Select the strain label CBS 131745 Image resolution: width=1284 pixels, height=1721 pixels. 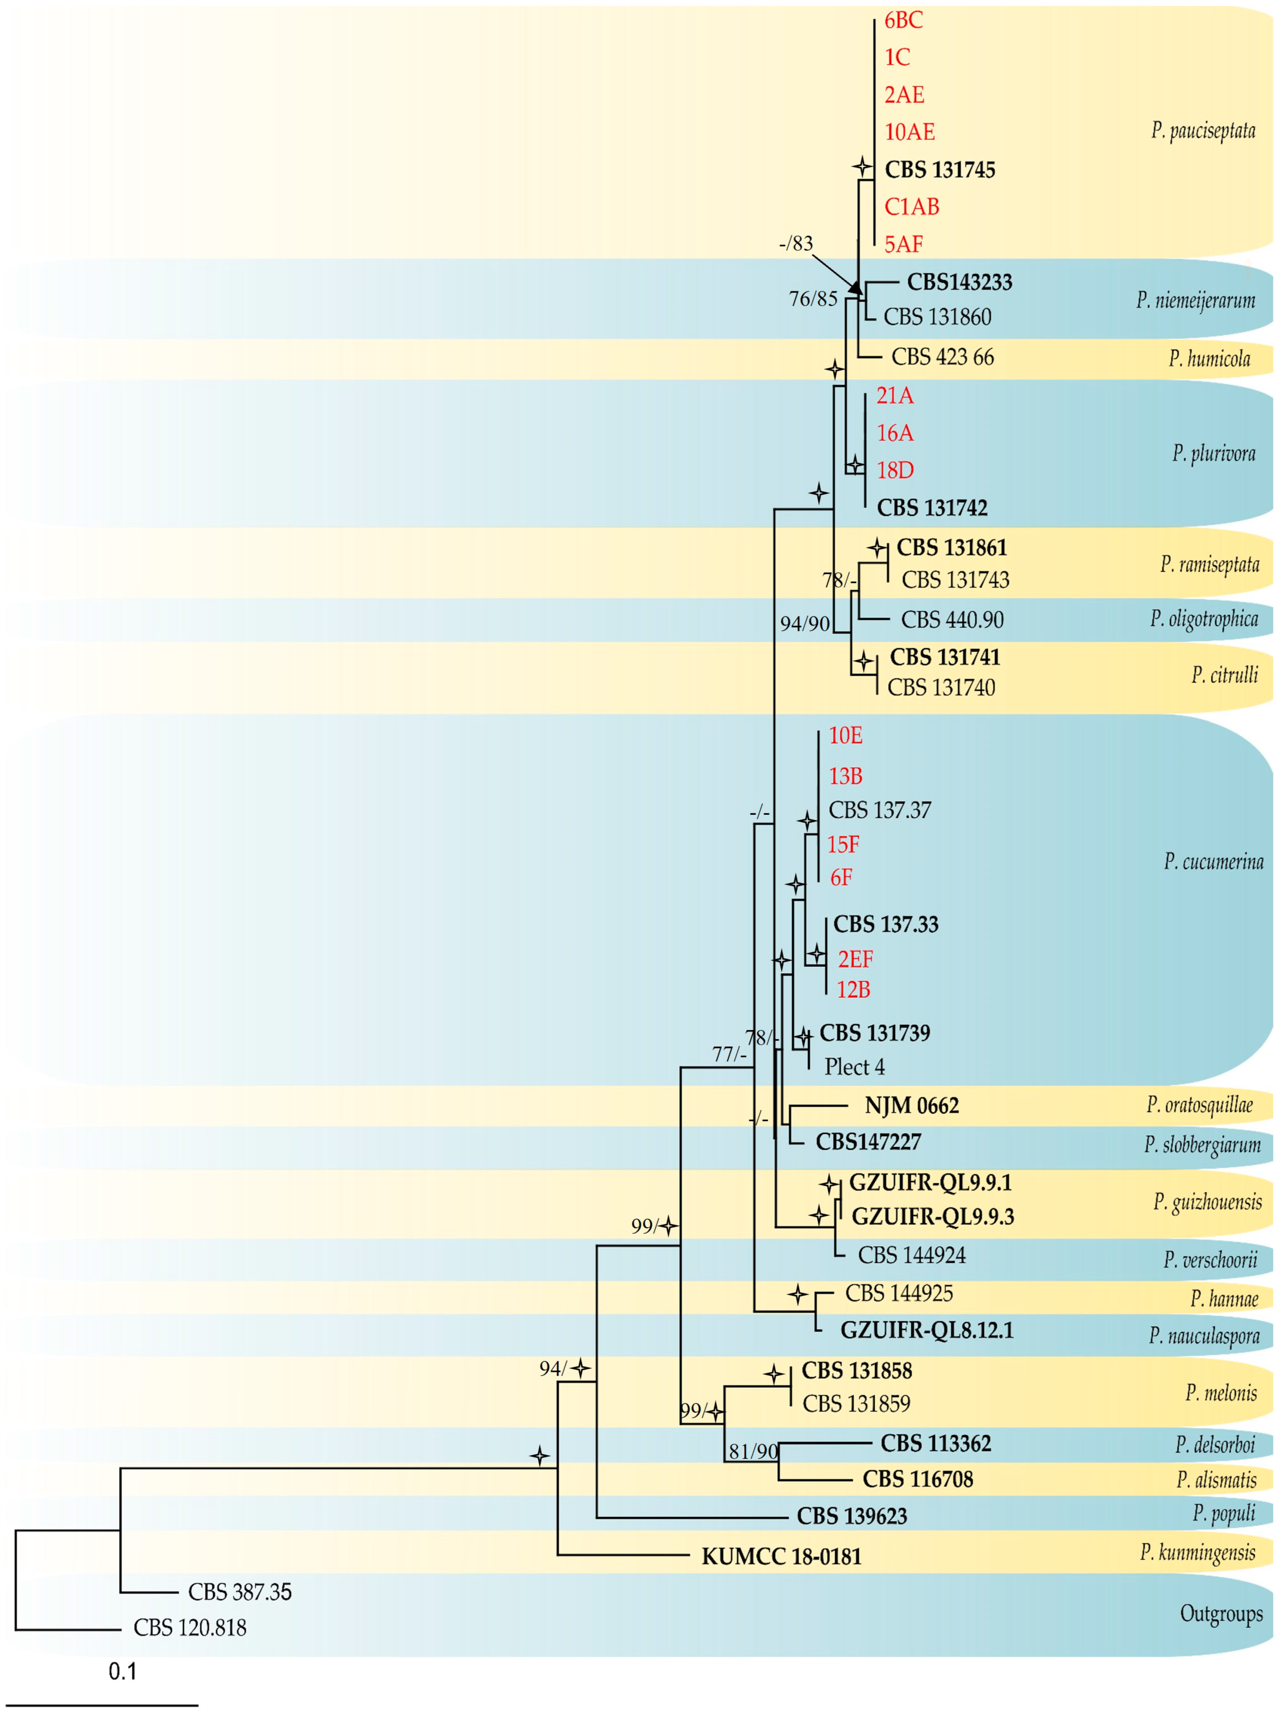tap(940, 170)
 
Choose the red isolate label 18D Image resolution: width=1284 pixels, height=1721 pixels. tap(895, 470)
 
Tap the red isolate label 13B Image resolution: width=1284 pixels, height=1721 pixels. tap(845, 776)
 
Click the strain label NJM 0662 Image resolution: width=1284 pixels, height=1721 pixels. tap(912, 1105)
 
